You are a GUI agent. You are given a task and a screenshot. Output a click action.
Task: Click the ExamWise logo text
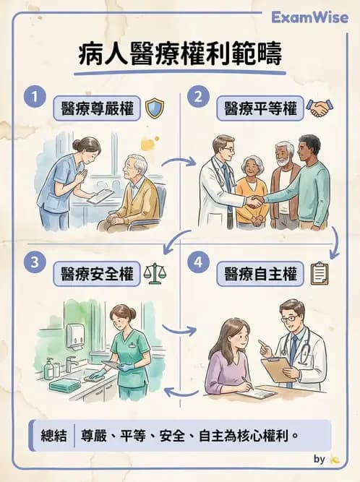(x=311, y=17)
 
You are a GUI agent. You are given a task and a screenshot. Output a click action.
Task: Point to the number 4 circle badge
(x=197, y=262)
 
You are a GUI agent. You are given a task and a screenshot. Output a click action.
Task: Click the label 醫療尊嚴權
(x=96, y=109)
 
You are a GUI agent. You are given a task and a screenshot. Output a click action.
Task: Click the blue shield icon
(x=155, y=109)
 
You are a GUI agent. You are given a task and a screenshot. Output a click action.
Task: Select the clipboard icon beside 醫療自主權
(x=319, y=273)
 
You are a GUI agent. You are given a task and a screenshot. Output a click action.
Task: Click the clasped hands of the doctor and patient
(x=254, y=202)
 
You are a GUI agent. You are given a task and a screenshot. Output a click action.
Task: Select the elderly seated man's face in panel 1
(x=139, y=165)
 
